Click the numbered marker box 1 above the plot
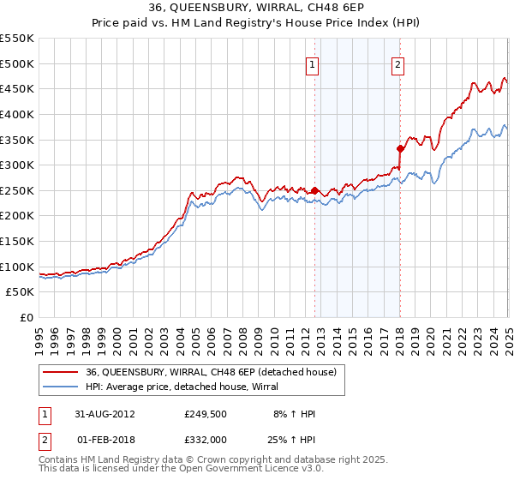[x=313, y=63]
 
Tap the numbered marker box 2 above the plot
[x=399, y=63]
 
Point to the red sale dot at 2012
[x=315, y=190]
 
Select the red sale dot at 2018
[x=400, y=148]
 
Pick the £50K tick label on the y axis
[x=21, y=292]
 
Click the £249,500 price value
[x=203, y=413]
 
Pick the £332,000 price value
[x=203, y=440]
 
